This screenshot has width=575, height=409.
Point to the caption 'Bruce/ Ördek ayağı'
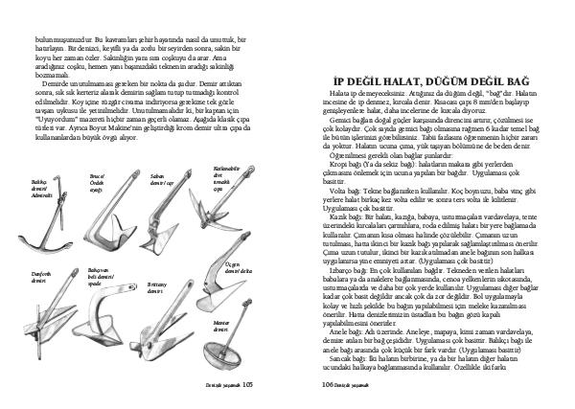coord(98,181)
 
